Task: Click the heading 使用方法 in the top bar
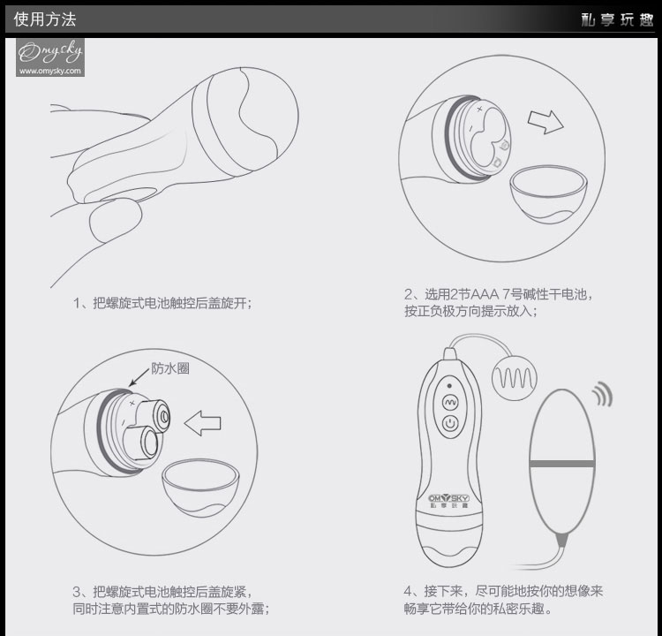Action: point(45,19)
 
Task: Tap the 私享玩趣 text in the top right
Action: point(617,19)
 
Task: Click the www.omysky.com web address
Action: point(49,71)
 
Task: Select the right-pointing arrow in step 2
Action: point(545,122)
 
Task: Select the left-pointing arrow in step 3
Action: point(203,423)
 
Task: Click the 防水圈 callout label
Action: point(170,368)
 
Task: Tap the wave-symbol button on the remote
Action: point(450,402)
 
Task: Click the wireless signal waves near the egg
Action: point(602,394)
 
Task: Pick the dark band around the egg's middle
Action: point(562,464)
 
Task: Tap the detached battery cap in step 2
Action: point(548,194)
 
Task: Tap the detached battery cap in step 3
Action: point(200,488)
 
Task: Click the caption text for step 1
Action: point(162,303)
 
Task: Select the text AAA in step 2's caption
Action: point(484,293)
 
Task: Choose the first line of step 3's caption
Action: point(162,591)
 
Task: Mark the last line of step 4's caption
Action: point(478,609)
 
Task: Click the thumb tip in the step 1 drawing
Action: point(116,220)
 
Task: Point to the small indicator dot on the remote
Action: point(449,385)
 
